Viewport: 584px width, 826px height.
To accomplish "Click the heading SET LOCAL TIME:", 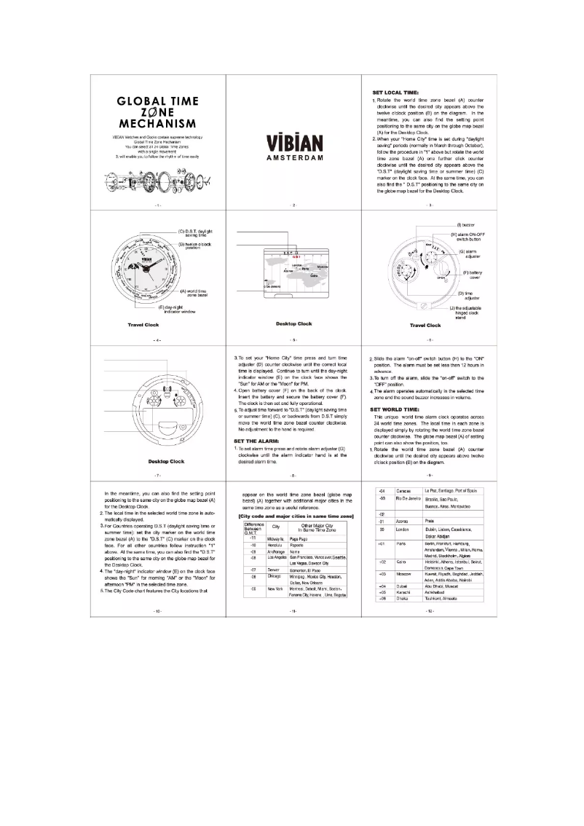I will point(395,93).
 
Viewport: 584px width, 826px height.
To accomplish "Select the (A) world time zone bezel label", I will point(192,291).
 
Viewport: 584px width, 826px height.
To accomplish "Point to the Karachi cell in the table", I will point(403,591).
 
